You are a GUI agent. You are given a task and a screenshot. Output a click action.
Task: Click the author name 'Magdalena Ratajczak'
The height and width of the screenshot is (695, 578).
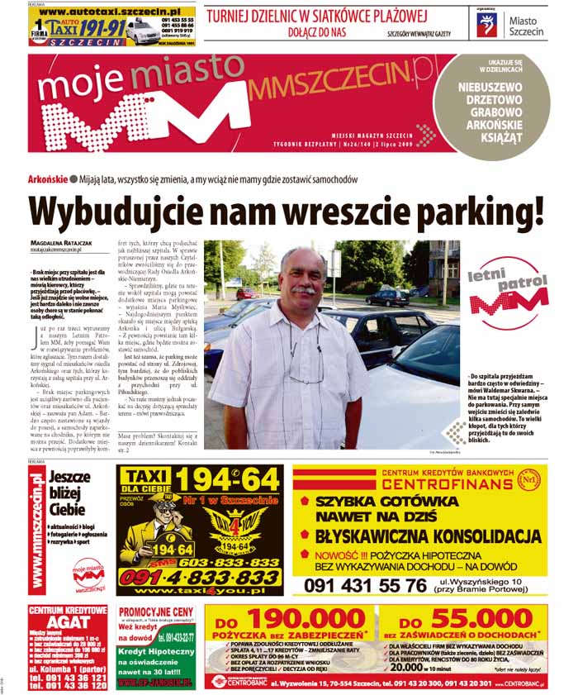pyautogui.click(x=63, y=242)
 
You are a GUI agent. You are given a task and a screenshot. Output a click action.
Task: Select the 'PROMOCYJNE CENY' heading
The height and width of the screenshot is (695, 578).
pyautogui.click(x=156, y=612)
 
